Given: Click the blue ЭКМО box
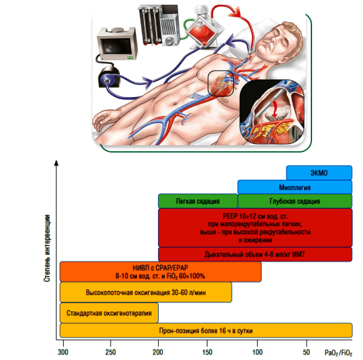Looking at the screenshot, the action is coord(319,173).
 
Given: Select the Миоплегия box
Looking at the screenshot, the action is coord(295,187).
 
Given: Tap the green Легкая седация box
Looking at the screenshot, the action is coord(198,201).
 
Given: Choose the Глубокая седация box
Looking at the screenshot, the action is coord(295,201).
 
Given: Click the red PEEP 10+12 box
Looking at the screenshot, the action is coord(255,228).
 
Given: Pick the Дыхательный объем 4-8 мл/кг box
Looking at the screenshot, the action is coord(255,254).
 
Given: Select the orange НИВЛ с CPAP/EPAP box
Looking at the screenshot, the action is coord(161,272).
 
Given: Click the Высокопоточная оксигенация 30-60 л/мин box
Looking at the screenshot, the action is coord(146,292).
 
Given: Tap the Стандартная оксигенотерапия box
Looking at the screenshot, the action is coord(109,312).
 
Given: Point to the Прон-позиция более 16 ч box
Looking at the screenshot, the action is coord(206,331).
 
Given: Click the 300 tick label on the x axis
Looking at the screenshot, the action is coord(63,352).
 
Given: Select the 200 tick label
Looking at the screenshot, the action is coord(158,352).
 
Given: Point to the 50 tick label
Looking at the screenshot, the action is coord(306,352).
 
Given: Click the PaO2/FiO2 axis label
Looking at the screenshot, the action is coord(338,353).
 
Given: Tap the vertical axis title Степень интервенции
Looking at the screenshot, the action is coord(47,248).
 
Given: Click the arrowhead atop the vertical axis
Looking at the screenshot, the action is coord(56,163).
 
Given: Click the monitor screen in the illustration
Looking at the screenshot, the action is coord(116,46).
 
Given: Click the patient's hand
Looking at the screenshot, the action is coord(102,120).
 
